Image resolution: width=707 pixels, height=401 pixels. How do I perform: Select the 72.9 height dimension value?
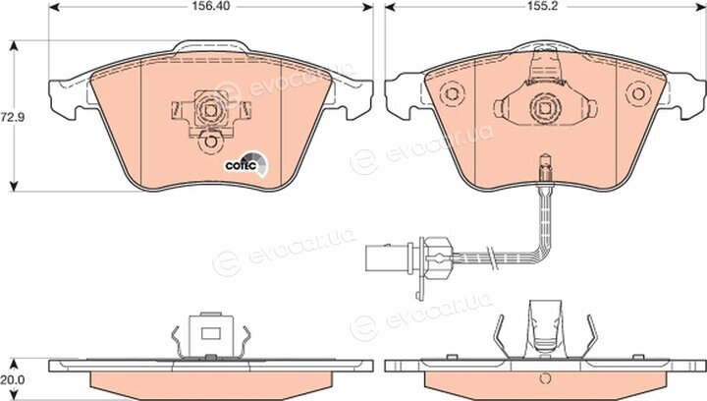point(12,118)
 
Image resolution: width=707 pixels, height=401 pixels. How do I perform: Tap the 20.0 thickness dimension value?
point(12,380)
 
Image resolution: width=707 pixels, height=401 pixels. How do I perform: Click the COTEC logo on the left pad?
point(246,164)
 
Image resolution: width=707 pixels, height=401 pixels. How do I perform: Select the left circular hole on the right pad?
point(452,93)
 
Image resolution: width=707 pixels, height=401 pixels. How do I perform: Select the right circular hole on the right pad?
point(638,93)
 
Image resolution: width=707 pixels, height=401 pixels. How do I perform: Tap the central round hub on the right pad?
point(545,108)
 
